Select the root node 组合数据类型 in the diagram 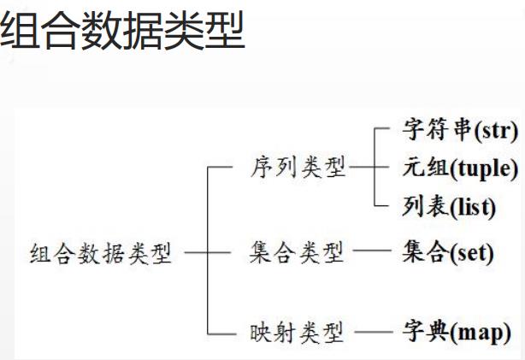101,254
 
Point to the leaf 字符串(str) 459,132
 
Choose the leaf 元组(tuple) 459,168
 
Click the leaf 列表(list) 448,205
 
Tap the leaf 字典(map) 456,331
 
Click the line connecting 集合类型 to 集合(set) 373,253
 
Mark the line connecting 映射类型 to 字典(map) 373,332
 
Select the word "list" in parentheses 471,206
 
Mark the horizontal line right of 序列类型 362,168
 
